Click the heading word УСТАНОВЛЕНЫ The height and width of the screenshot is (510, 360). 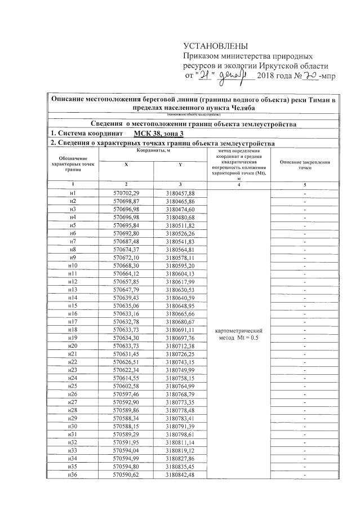point(216,46)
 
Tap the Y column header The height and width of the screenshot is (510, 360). point(180,165)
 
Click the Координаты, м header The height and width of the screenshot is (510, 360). point(153,151)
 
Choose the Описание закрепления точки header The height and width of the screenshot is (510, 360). point(305,165)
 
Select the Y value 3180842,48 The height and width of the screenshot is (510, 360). point(180,474)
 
